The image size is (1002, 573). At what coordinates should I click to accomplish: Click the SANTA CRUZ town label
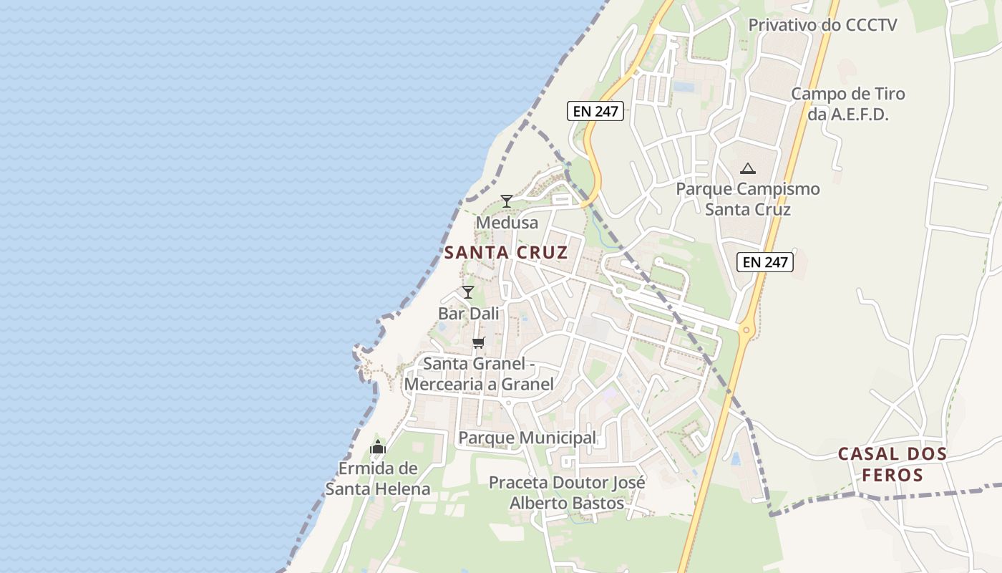coord(506,252)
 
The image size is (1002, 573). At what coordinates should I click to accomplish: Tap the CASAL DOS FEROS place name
coord(892,464)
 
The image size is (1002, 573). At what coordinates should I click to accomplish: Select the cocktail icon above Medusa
coord(507,201)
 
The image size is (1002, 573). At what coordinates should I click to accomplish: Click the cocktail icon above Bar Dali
coord(468,292)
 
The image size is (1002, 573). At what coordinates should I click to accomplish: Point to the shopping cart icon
coord(479,342)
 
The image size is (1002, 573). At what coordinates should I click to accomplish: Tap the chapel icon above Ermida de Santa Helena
coord(378,448)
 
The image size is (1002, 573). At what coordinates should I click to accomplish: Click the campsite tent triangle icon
coord(748,169)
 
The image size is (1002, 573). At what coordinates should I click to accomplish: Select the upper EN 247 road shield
coord(595,111)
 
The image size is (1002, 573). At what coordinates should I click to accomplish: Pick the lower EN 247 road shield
coord(765,262)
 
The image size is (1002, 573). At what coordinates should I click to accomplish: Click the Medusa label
coord(507,223)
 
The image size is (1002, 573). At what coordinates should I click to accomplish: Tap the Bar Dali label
coord(469,314)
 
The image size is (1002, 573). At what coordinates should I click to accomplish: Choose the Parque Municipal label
coord(527,438)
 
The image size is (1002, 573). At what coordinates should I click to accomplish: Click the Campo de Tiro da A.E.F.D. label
coord(848,104)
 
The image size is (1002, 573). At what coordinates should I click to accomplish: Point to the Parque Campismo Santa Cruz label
coord(748,199)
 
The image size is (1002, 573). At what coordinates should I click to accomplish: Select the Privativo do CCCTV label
coord(822,25)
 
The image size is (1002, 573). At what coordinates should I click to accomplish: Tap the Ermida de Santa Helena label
coord(378,479)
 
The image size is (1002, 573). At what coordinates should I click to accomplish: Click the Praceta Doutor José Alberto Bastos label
coord(567,493)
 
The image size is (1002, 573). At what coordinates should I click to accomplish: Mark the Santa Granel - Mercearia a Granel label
coord(479,374)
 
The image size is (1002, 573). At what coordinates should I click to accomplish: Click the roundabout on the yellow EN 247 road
coord(746,331)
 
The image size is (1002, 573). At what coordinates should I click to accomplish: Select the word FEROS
coord(892,475)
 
